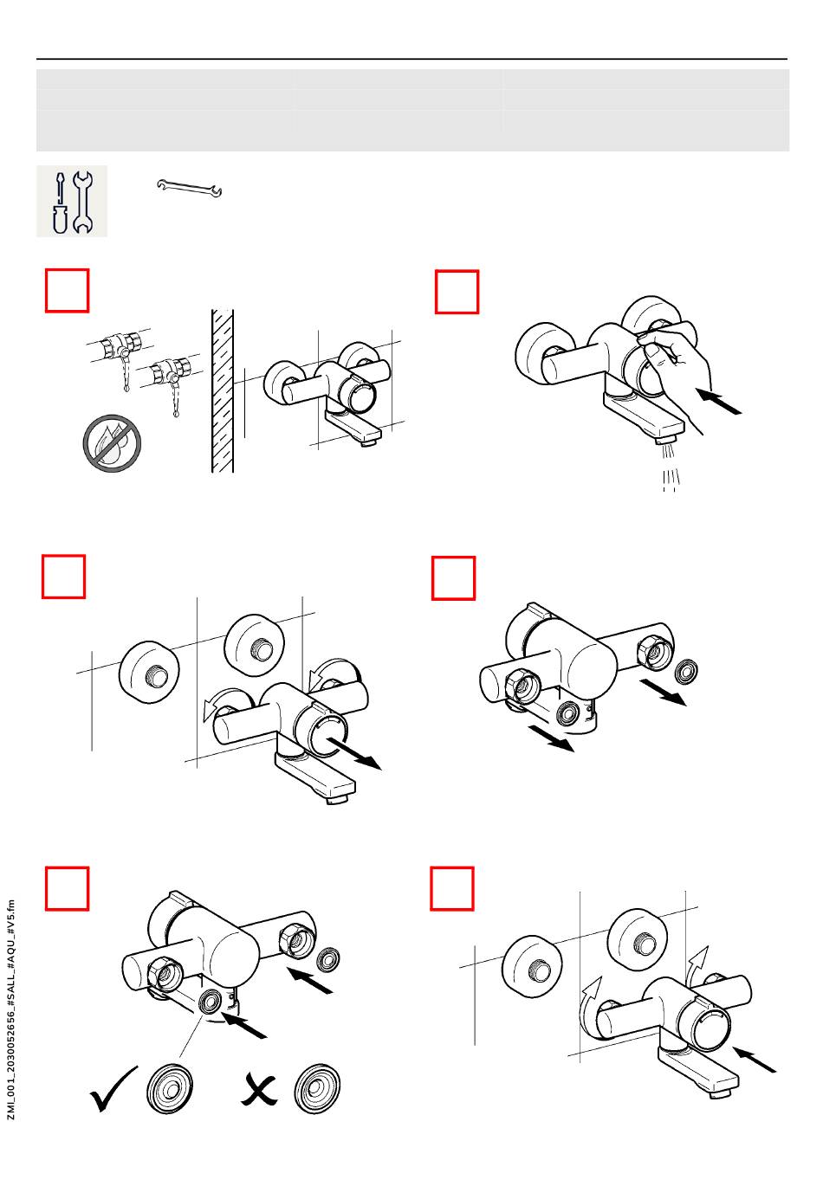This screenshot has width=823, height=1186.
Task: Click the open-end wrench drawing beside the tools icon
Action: tap(189, 188)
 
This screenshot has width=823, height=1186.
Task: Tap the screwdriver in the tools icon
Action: tap(60, 203)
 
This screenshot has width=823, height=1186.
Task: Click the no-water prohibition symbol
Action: tap(112, 443)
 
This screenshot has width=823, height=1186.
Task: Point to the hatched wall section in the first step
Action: tap(223, 390)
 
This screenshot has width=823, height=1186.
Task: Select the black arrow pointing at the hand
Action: tap(719, 402)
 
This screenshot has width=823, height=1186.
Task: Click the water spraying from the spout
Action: tap(670, 467)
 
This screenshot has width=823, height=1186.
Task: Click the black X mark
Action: tap(259, 1090)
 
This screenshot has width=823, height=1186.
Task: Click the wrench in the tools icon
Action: tap(82, 203)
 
